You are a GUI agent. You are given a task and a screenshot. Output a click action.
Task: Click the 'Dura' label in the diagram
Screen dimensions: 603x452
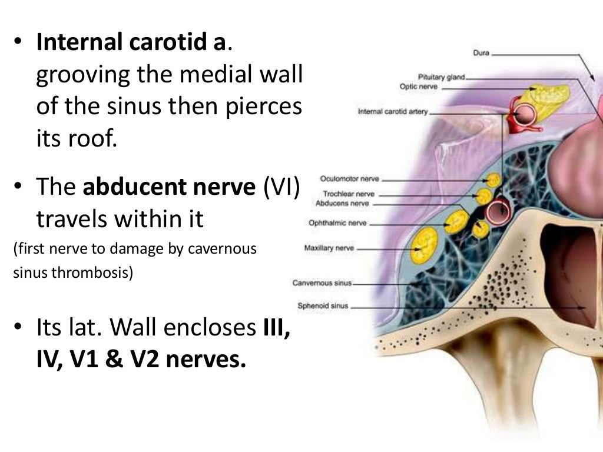pos(481,53)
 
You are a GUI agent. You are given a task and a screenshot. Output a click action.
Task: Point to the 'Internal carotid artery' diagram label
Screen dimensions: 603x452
pos(392,111)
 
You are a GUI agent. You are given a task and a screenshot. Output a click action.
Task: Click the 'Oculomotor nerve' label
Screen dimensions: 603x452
pos(349,178)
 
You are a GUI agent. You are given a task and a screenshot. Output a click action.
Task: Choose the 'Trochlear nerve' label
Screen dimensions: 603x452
pos(349,194)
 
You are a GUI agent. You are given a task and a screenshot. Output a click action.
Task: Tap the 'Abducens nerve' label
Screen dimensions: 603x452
pos(343,203)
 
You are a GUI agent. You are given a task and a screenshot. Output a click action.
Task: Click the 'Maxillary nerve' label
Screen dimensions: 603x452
pos(329,248)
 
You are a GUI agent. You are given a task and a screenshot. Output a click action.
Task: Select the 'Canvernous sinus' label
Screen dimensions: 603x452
pos(322,283)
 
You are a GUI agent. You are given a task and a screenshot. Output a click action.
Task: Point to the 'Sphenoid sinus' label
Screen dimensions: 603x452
pos(323,306)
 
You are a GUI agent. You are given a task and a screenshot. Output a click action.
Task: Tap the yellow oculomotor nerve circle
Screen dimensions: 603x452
pos(493,180)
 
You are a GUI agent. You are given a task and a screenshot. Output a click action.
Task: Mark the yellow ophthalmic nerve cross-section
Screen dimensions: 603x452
pos(456,222)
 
